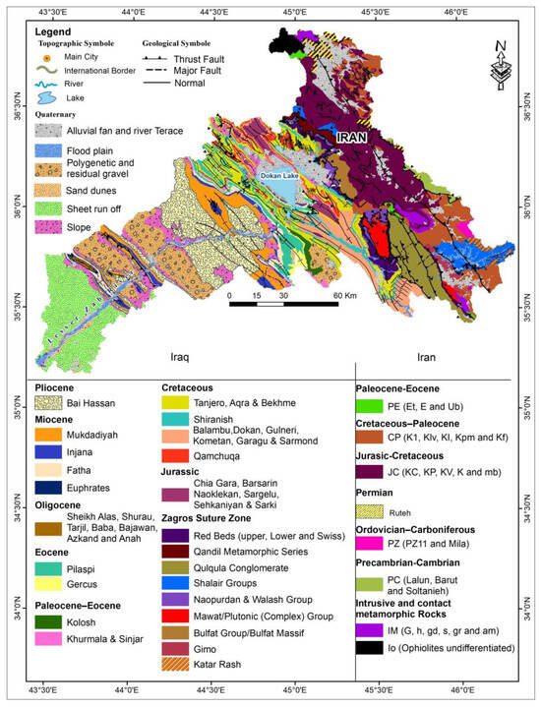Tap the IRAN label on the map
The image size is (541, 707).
tap(352, 140)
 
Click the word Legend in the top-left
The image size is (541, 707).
tap(54, 31)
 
